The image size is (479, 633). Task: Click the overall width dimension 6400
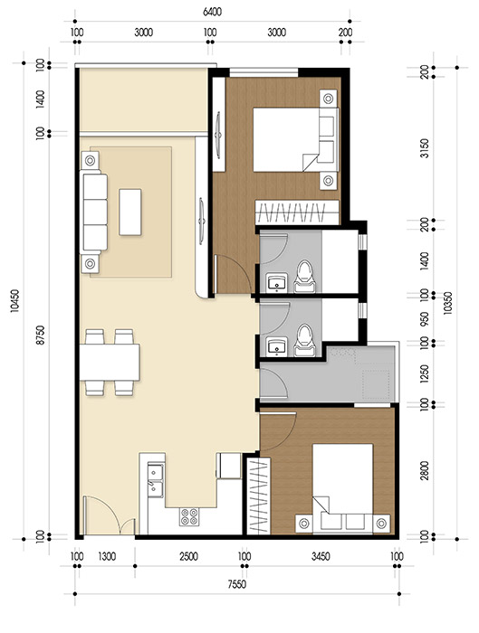tap(212, 13)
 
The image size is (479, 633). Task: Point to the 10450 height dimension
tap(13, 307)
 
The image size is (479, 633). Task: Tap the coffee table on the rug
tap(131, 210)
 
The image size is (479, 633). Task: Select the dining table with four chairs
tap(110, 363)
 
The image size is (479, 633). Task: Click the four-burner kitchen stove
tap(191, 518)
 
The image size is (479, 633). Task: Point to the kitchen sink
tap(156, 480)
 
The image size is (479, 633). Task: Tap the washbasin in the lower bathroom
tap(275, 345)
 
